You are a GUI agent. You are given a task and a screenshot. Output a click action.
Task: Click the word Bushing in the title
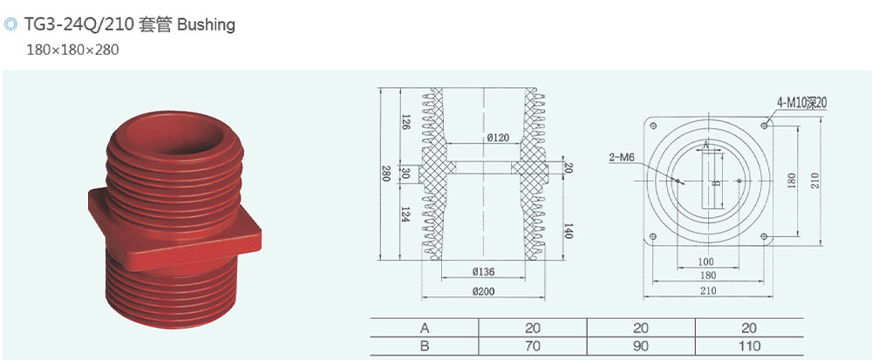pos(207,25)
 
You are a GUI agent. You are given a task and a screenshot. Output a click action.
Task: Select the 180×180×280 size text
pos(73,50)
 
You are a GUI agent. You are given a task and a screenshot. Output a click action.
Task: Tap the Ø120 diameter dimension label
pos(483,137)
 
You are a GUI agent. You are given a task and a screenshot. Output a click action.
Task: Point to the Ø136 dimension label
pos(483,272)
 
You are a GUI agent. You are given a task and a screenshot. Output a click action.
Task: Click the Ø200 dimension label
pos(483,291)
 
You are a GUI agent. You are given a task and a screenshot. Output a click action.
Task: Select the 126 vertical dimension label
pos(405,122)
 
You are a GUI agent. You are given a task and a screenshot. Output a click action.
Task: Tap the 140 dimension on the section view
pos(568,230)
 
